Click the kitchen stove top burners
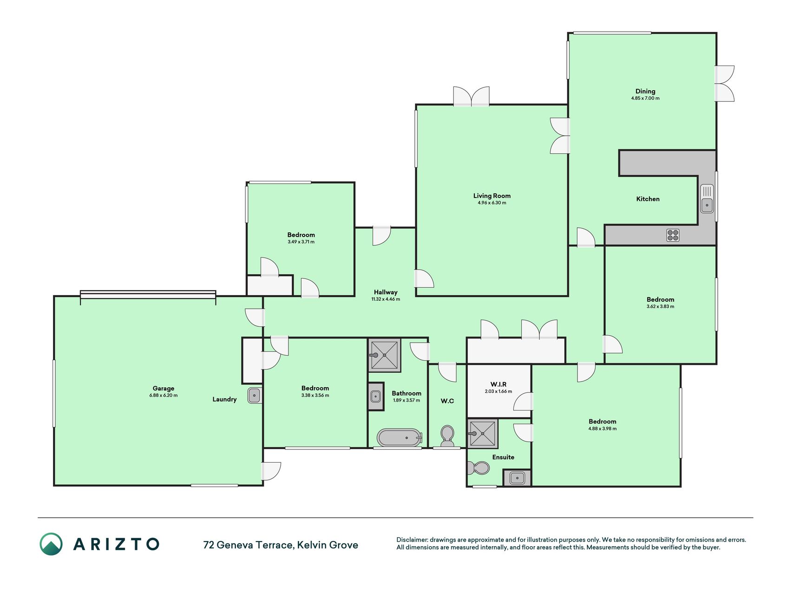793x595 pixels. [673, 235]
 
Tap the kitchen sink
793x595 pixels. [707, 198]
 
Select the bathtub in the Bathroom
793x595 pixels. [400, 437]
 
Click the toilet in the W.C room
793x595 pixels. [447, 436]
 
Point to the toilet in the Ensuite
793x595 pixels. [478, 468]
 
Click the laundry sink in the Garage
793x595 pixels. [255, 395]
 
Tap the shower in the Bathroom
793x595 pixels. [384, 355]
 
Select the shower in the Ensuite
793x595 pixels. [483, 434]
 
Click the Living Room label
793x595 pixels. [492, 196]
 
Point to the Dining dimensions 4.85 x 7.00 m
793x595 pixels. [645, 99]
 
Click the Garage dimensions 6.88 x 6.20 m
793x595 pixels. [164, 396]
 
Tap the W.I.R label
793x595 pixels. [498, 384]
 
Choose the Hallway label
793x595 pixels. [386, 292]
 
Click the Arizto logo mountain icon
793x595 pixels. [51, 544]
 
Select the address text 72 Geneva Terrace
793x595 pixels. [248, 545]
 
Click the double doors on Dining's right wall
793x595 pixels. [724, 84]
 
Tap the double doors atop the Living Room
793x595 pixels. [472, 96]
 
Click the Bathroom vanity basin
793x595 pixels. [376, 397]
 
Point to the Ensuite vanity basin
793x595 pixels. [517, 477]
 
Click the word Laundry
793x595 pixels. [224, 399]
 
